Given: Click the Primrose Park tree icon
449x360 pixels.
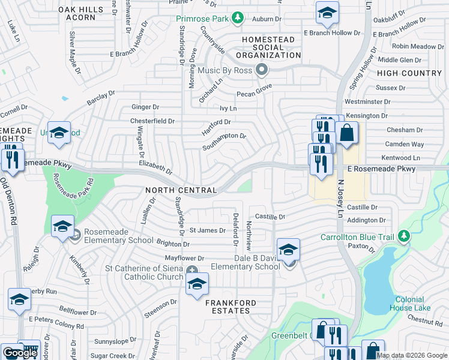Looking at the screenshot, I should click(238, 19).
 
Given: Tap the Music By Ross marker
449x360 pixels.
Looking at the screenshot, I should click(261, 70).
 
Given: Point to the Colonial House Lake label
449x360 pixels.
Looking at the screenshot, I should click(413, 304).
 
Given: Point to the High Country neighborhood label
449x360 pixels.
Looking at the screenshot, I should click(409, 73).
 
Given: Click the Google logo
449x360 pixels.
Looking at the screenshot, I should click(20, 353).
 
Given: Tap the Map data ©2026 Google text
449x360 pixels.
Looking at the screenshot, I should click(412, 355).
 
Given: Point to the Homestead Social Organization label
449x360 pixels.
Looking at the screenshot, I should click(268, 47).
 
